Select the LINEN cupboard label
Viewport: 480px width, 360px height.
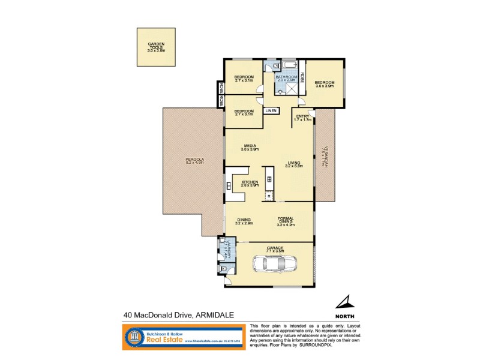tap(272, 111)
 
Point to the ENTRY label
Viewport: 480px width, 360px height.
tap(302, 118)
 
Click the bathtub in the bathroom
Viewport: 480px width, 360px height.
tap(291, 65)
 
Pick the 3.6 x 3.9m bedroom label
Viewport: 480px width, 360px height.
tap(324, 84)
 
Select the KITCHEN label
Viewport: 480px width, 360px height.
tap(250, 183)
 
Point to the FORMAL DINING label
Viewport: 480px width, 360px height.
tap(285, 221)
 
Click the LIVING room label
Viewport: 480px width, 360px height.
tap(293, 164)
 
